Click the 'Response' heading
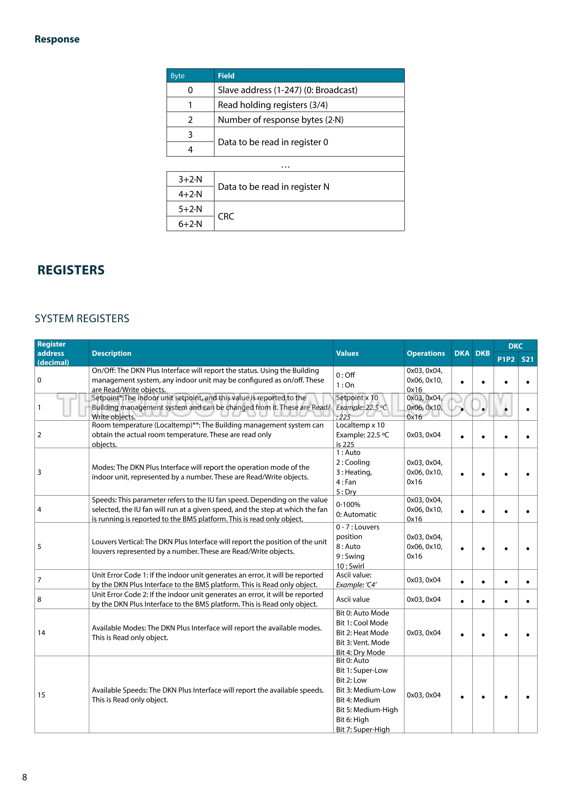coord(57,39)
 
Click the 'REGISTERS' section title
coord(71,270)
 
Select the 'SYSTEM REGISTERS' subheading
coord(82,319)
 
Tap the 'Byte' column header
coord(177,76)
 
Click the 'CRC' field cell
coord(226,216)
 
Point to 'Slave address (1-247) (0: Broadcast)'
coord(287,90)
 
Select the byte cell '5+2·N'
coord(190,209)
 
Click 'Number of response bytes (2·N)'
coord(281,120)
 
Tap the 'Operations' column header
coord(426,353)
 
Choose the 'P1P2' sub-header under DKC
coord(506,359)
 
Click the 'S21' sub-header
coord(527,359)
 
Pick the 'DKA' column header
coord(462,353)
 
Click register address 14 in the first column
coord(41,632)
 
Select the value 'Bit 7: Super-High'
coord(363,729)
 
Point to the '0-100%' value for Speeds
coord(348,504)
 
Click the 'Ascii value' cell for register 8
coord(353,599)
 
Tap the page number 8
coord(24,777)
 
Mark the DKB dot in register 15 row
coord(483,697)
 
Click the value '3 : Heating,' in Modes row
coord(354,472)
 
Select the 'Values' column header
coord(347,353)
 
